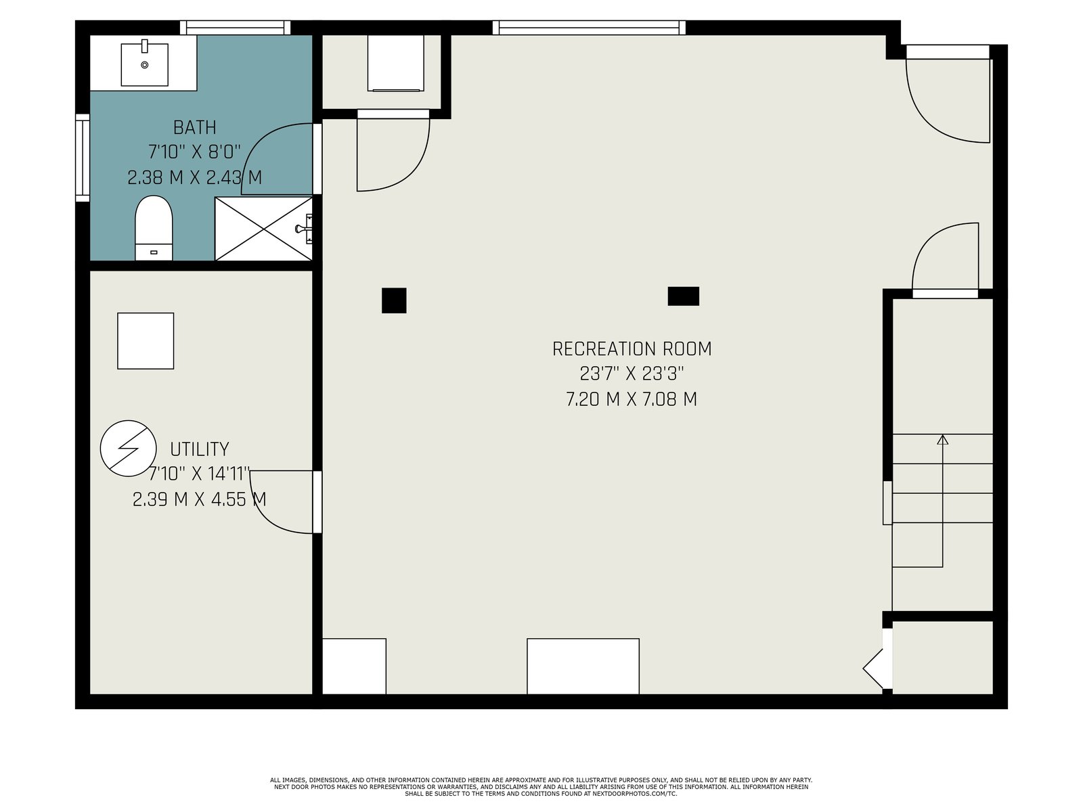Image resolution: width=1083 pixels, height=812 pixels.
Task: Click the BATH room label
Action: (x=194, y=128)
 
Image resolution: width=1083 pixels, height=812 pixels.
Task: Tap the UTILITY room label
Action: (x=199, y=449)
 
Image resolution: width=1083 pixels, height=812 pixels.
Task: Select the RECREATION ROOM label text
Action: (x=632, y=349)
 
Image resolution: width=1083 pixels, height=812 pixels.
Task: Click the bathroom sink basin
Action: (x=145, y=64)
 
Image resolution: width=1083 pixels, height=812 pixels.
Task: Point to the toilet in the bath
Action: (x=154, y=228)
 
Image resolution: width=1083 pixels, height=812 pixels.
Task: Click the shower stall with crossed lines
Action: (x=263, y=229)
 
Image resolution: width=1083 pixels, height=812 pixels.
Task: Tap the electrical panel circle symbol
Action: (x=129, y=448)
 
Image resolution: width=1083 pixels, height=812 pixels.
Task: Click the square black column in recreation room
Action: (x=394, y=300)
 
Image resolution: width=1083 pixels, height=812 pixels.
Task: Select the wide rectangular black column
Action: (x=684, y=296)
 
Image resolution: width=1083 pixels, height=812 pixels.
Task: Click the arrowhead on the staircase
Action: (x=942, y=440)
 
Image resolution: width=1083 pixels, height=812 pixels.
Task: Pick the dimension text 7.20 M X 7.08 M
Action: (x=632, y=399)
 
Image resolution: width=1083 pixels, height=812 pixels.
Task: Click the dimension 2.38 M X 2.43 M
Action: (x=194, y=177)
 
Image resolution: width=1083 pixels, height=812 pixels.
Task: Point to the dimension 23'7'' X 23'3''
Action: (x=632, y=374)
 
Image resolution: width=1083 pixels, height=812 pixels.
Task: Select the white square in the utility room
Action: (x=146, y=340)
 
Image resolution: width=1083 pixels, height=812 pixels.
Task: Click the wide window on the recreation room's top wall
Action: (x=589, y=28)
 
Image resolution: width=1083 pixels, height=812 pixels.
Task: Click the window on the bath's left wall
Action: (x=83, y=158)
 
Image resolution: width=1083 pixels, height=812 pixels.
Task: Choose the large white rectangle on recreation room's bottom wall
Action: (x=583, y=666)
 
